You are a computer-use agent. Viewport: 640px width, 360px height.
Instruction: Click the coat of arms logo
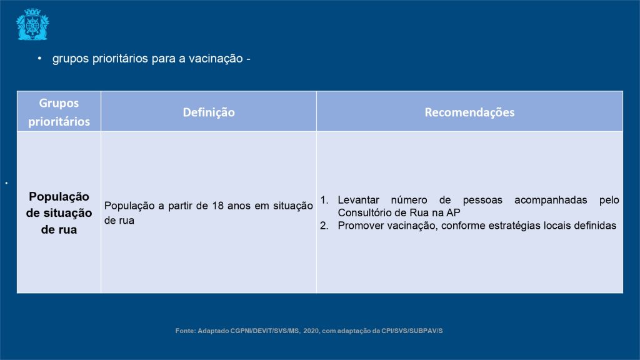click(x=32, y=24)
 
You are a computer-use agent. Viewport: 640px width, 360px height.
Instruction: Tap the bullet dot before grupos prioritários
click(x=39, y=58)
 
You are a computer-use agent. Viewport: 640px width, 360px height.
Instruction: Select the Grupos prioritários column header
click(x=59, y=112)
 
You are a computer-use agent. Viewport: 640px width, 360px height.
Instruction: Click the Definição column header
click(x=209, y=112)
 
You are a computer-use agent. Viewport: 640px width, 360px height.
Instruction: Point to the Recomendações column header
click(x=469, y=112)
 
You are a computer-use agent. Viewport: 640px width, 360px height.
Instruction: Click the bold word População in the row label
click(x=59, y=197)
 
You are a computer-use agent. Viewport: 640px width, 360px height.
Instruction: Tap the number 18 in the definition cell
click(x=217, y=206)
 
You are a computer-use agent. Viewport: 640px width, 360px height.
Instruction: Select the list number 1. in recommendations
click(x=324, y=200)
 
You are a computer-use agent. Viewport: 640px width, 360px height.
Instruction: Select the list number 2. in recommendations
click(x=324, y=226)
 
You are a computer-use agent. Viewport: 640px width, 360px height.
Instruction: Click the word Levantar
click(x=358, y=200)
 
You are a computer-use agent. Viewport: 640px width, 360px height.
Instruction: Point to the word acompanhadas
click(x=551, y=200)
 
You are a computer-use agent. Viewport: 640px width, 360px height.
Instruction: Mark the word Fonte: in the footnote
click(x=186, y=331)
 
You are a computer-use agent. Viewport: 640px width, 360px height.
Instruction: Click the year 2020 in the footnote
click(x=311, y=331)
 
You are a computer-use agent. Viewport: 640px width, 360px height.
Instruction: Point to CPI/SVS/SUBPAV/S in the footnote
click(x=412, y=331)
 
